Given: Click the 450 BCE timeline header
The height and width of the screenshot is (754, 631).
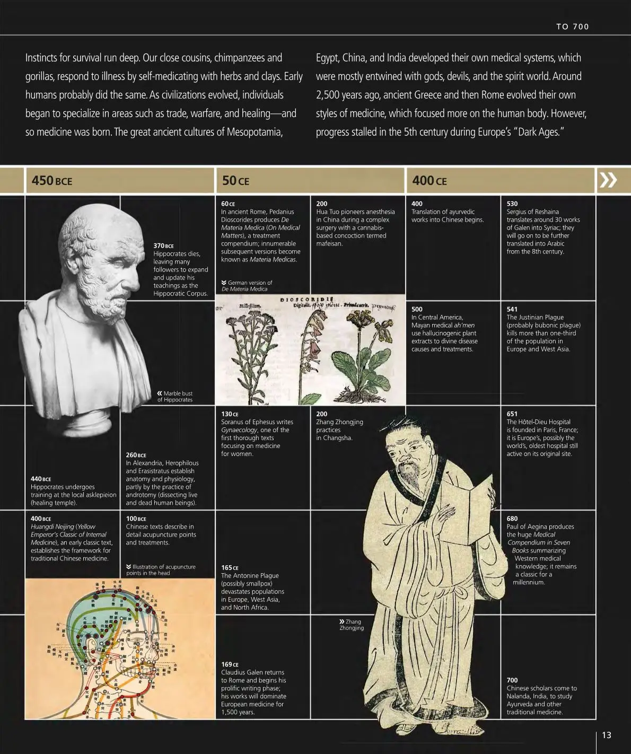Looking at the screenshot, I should [x=51, y=180].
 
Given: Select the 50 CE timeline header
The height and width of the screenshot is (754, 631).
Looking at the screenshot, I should [x=235, y=180].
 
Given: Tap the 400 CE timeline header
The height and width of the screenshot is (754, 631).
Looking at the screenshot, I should [x=429, y=180].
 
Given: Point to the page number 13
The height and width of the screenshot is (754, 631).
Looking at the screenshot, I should [x=607, y=735].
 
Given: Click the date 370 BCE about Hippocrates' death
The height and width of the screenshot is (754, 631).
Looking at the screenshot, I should [x=163, y=246].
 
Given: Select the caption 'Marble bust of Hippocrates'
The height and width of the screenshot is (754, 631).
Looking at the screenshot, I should [x=175, y=396].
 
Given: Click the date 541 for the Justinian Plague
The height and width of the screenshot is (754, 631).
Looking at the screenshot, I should [x=512, y=309].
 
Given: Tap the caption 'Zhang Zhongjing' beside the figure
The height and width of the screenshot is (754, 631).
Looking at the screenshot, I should [x=352, y=625].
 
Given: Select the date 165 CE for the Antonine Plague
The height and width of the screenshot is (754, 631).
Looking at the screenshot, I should [x=230, y=567].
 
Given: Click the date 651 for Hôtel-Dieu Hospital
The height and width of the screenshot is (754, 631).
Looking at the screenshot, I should [x=512, y=414].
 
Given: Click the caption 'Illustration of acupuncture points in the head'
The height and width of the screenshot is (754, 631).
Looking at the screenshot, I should [x=161, y=569].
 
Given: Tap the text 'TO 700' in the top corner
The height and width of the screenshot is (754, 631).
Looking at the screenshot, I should [x=572, y=27].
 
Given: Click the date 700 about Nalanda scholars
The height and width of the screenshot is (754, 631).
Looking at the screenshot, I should [x=512, y=680].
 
